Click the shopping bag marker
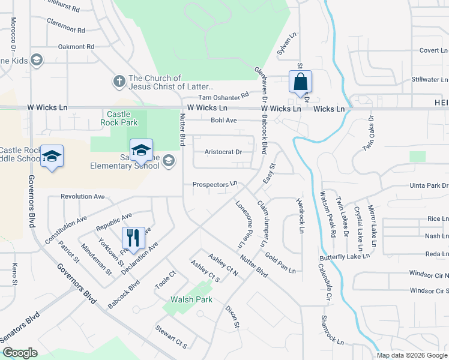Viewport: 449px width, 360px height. pos(300,82)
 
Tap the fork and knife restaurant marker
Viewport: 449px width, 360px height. pos(133,238)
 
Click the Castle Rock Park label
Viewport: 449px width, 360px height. pos(122,118)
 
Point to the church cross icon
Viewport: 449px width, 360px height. pos(119,80)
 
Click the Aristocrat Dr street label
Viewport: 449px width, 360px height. pos(223,152)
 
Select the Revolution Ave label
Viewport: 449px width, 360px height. pos(83,196)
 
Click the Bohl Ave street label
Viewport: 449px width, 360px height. pos(224,120)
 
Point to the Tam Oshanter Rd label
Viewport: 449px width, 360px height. pos(223,96)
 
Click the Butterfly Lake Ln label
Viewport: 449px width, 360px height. pos(344,256)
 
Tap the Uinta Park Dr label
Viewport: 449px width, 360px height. pos(429,186)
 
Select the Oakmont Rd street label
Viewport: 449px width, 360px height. pos(76,46)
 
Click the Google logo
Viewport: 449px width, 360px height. pos(20,353)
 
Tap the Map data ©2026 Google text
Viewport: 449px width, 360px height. pos(411,355)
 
